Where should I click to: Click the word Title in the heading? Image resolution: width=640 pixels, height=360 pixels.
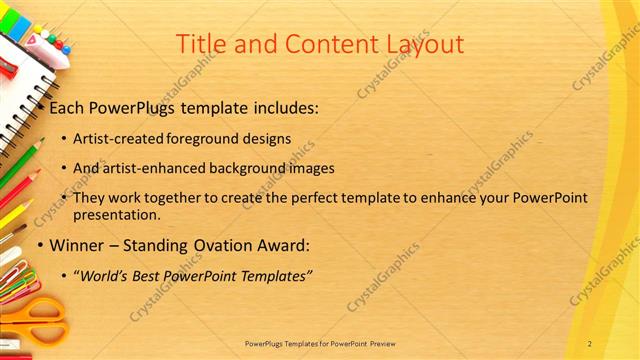[199, 44]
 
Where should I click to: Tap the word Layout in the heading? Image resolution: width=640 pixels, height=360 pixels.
[419, 44]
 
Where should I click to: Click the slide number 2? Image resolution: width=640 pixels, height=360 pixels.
[590, 343]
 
